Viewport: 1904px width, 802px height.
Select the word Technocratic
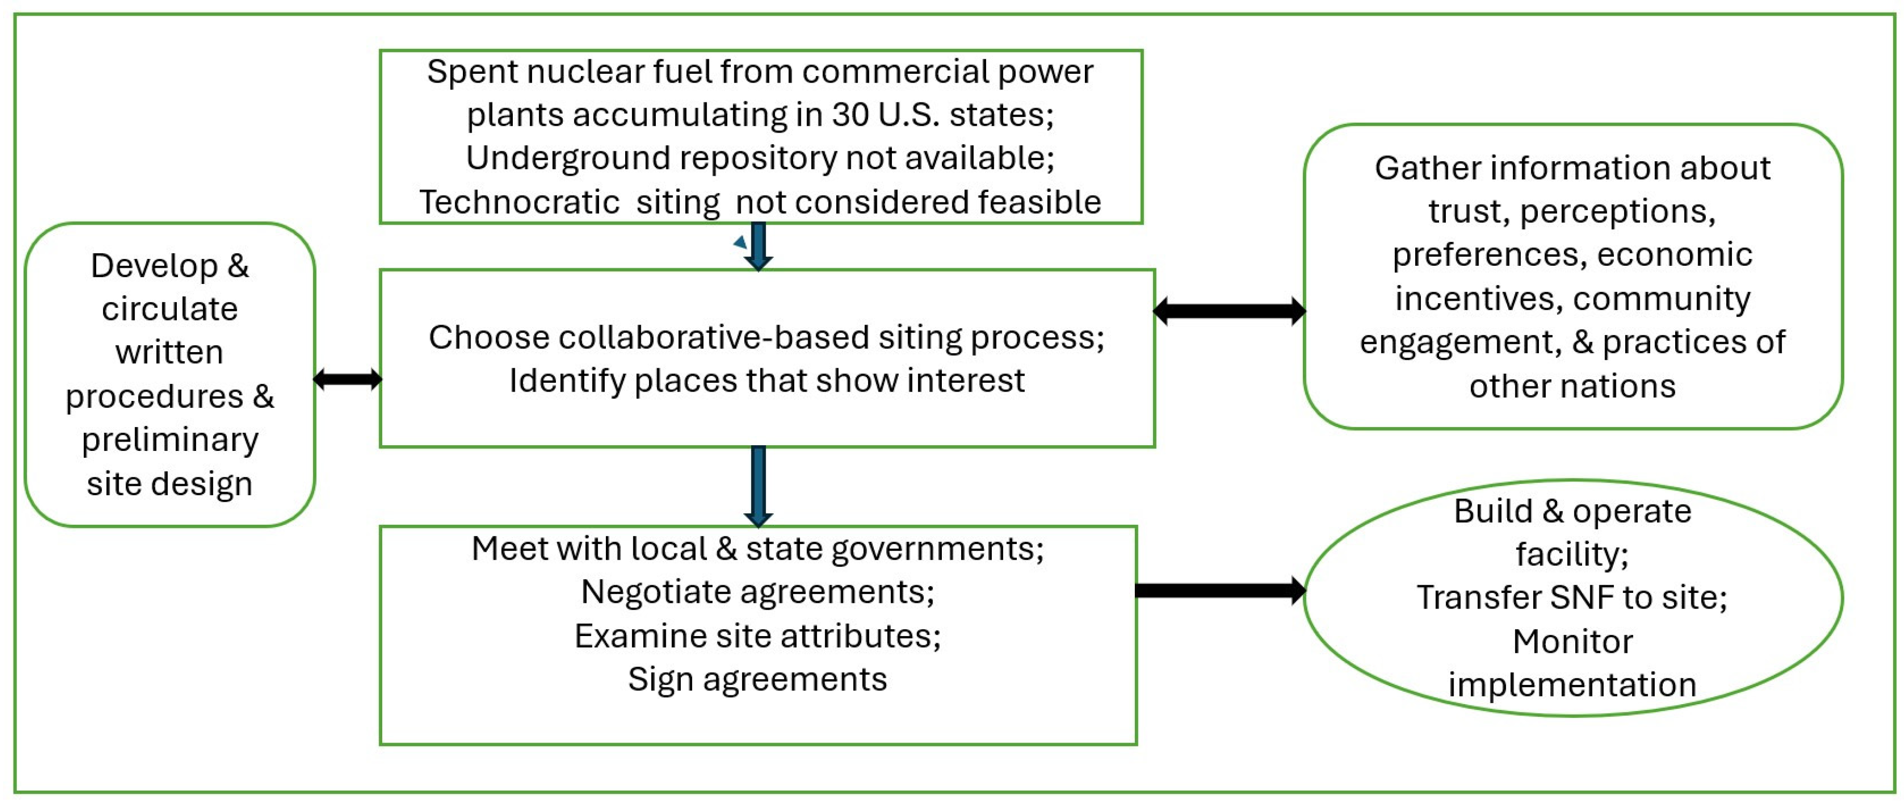click(519, 202)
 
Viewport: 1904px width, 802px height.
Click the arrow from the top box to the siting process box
click(758, 246)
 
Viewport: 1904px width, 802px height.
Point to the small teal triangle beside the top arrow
click(740, 242)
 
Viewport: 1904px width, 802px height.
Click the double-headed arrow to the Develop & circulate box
click(347, 379)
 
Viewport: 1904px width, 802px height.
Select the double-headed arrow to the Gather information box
click(1229, 311)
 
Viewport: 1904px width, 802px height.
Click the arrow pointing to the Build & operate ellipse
click(1220, 590)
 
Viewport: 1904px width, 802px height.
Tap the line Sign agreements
click(758, 679)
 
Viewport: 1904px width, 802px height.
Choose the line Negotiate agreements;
click(758, 592)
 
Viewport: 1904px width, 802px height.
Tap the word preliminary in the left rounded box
click(170, 441)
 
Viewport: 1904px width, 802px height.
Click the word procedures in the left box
click(154, 397)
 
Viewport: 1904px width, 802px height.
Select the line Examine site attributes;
click(758, 636)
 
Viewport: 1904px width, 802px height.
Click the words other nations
click(1572, 386)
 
